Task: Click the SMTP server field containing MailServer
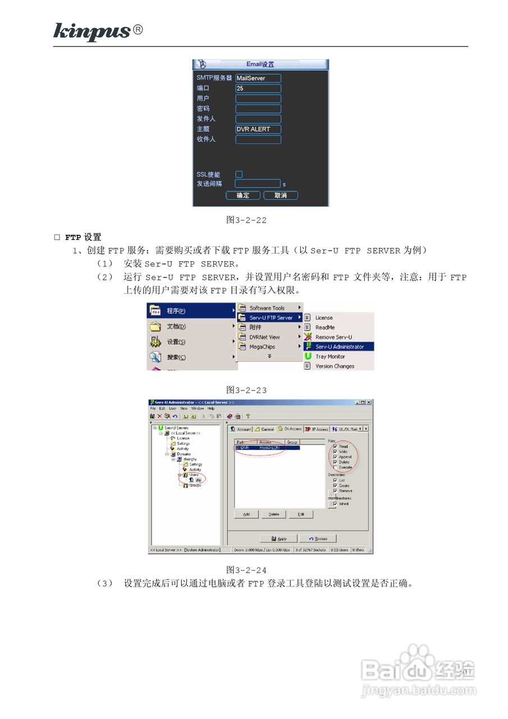258,78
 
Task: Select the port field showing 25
258,88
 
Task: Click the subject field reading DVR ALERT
258,129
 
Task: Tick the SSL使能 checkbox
239,174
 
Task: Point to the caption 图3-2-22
246,220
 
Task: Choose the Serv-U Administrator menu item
339,347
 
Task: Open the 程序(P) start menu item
176,311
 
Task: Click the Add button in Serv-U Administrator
246,514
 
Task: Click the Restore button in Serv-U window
317,539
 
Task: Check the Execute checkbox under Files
335,467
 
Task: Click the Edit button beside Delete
301,514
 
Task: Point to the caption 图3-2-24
246,570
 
